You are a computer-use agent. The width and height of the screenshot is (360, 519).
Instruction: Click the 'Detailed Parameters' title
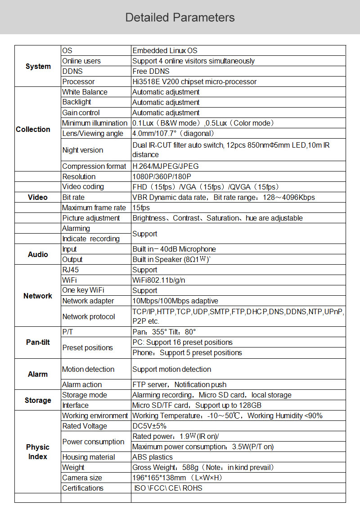(180, 18)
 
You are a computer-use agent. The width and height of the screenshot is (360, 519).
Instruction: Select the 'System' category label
(38, 66)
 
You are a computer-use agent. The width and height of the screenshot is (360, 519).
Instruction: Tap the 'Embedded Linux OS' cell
(165, 51)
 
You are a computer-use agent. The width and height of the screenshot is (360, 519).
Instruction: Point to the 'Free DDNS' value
(151, 71)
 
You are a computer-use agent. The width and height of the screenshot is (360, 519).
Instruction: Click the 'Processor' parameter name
(78, 81)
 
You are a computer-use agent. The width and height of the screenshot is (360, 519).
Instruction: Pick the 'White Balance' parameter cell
(85, 92)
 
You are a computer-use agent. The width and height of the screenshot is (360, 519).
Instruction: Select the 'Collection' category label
(33, 129)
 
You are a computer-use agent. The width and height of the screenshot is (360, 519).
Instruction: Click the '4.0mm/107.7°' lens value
(173, 133)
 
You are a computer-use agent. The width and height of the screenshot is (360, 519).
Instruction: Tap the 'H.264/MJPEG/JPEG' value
(165, 166)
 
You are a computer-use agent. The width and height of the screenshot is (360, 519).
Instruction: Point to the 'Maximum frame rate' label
(94, 208)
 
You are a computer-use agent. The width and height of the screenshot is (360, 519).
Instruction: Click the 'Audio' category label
(38, 254)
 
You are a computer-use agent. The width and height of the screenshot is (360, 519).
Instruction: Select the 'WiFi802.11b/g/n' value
(158, 280)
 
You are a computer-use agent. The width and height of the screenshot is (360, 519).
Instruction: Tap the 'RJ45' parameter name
(71, 270)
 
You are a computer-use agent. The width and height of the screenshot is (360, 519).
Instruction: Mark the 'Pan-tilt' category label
(38, 342)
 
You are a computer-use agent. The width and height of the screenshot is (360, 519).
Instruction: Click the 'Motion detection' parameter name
(88, 369)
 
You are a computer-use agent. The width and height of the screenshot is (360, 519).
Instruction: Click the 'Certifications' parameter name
(83, 488)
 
